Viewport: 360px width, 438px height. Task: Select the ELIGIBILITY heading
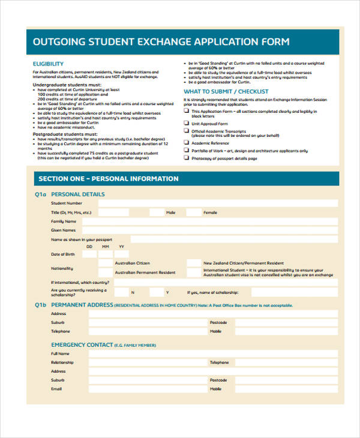48,64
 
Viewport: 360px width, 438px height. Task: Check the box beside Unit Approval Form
187,122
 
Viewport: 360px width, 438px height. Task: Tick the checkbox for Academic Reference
187,143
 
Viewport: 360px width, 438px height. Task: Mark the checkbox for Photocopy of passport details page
187,158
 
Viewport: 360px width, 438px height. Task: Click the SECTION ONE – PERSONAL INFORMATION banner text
108,179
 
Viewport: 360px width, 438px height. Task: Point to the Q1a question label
40,194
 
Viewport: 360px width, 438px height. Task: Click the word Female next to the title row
210,212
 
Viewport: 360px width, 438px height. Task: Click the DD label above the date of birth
89,247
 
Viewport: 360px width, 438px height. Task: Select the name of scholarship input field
294,292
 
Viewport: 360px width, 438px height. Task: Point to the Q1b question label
40,305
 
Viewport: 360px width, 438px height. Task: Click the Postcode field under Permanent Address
286,323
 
